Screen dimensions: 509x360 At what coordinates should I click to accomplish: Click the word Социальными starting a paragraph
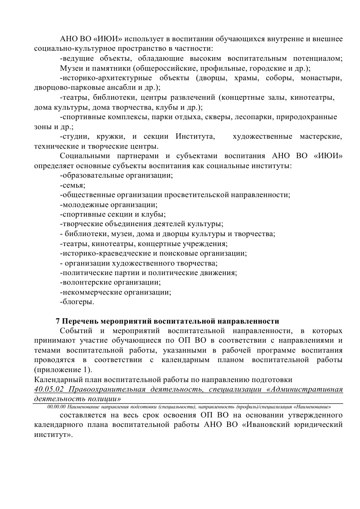86,156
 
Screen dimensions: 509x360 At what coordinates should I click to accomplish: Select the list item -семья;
73,185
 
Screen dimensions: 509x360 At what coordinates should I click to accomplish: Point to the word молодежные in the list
86,205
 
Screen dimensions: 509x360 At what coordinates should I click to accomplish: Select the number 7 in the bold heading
58,321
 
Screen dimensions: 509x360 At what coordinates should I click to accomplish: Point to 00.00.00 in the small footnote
54,407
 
